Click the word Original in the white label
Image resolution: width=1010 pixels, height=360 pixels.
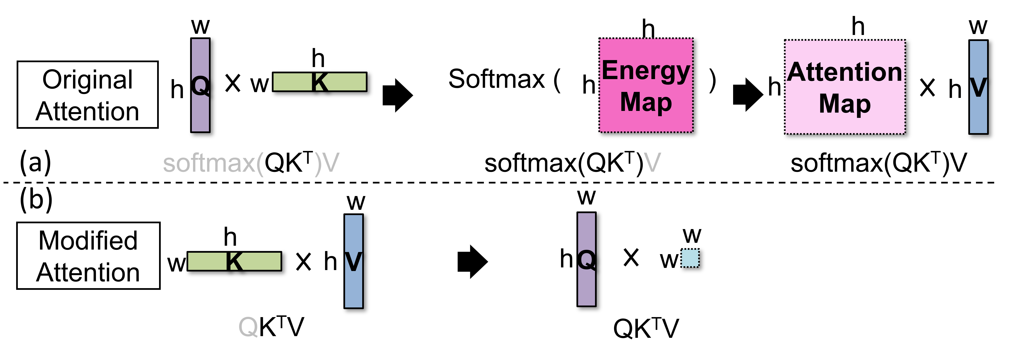(x=87, y=80)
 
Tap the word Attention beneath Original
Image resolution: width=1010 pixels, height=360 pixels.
(x=87, y=111)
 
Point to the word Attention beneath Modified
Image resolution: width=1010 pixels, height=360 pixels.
(x=88, y=272)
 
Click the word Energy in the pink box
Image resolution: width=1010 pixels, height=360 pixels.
(x=646, y=71)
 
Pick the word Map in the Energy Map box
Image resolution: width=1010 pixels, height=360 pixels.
(x=646, y=102)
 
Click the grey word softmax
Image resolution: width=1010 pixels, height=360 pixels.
(x=210, y=163)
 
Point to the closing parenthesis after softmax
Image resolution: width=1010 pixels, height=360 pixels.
(x=318, y=164)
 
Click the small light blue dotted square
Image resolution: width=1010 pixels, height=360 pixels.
(x=690, y=258)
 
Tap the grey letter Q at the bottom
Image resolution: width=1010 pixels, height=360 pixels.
(x=248, y=327)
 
